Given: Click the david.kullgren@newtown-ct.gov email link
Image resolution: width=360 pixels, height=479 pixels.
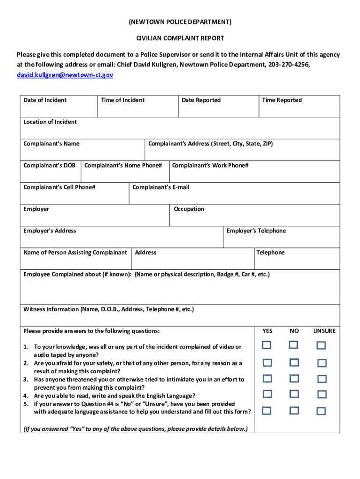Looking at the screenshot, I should pyautogui.click(x=65, y=75).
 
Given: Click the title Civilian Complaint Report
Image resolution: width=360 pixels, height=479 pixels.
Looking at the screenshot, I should pyautogui.click(x=180, y=38).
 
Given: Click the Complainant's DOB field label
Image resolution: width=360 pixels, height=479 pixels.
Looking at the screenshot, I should pyautogui.click(x=50, y=166).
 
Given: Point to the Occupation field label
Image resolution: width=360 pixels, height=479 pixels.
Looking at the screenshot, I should pyautogui.click(x=189, y=209).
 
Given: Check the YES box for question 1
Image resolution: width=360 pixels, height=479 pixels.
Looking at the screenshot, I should pyautogui.click(x=266, y=345).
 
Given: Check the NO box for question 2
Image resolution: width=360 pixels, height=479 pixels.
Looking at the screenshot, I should pyautogui.click(x=294, y=362).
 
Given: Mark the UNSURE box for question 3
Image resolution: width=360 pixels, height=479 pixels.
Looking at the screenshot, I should pyautogui.click(x=321, y=378).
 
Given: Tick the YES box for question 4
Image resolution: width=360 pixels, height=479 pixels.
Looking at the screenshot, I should pyautogui.click(x=266, y=394).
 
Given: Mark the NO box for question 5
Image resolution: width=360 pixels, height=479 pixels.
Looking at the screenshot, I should pyautogui.click(x=294, y=411).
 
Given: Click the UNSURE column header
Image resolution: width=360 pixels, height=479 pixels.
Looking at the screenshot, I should pyautogui.click(x=324, y=331).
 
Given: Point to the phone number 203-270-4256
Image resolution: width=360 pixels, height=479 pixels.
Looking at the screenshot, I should pyautogui.click(x=288, y=65).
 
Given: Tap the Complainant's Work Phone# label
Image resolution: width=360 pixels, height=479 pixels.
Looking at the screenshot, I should pyautogui.click(x=210, y=166).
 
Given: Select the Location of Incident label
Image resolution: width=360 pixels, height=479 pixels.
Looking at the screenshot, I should pyautogui.click(x=50, y=122).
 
